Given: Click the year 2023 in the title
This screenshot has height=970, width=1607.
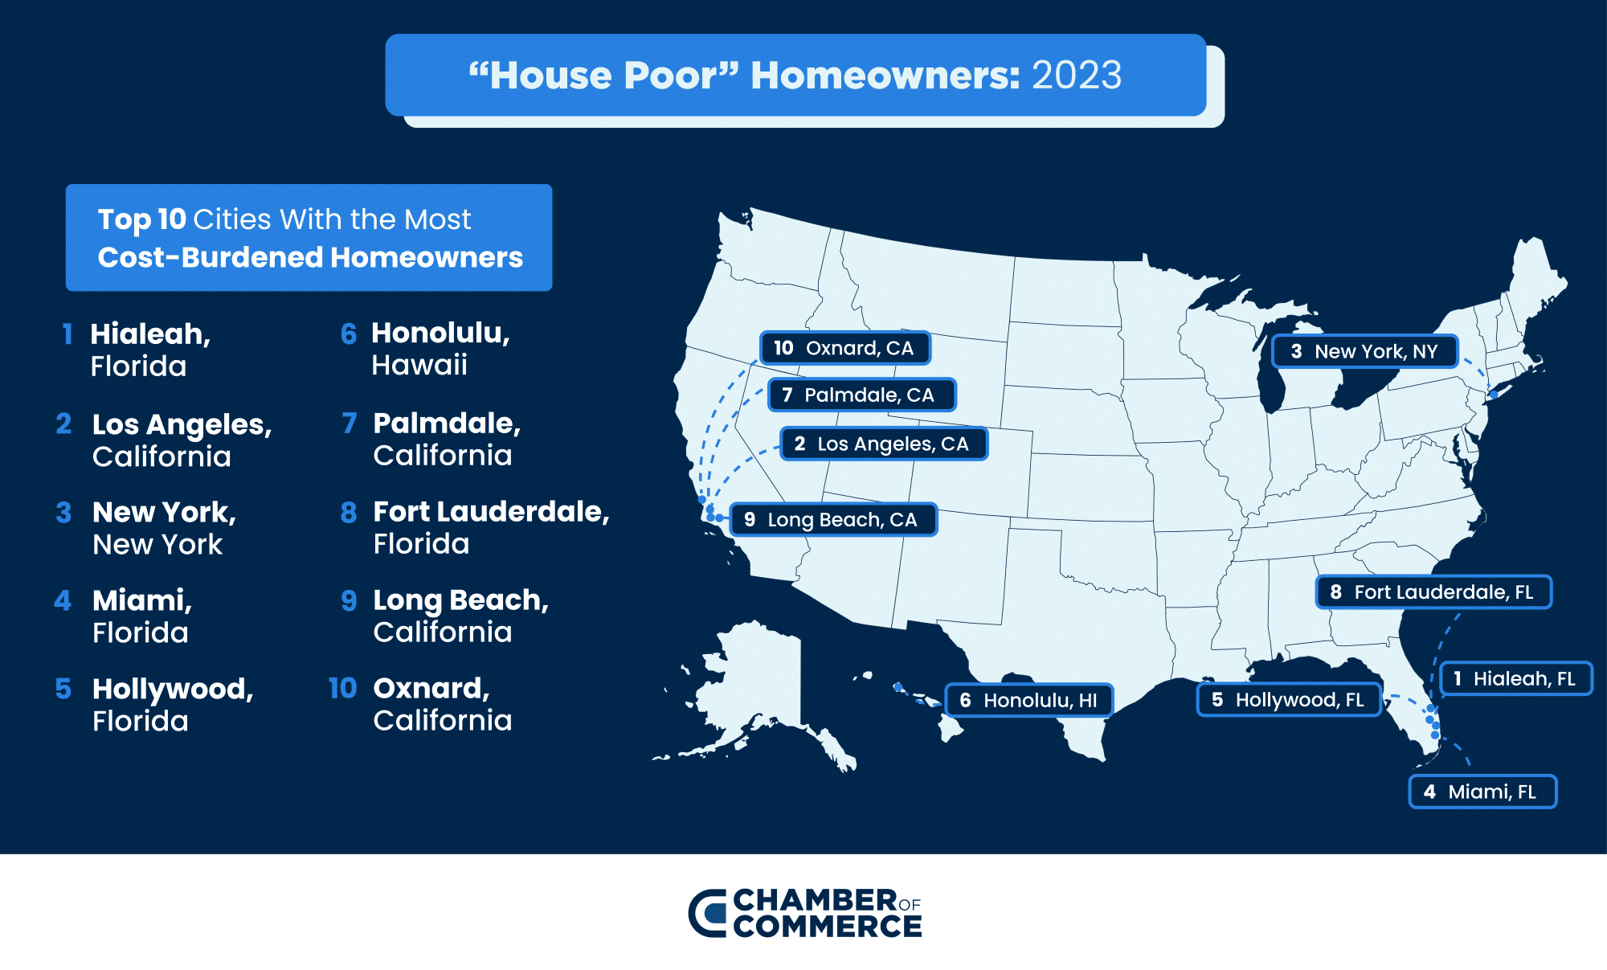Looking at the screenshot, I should pos(1076,76).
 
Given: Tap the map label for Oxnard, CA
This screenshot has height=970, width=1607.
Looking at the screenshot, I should pos(844,348).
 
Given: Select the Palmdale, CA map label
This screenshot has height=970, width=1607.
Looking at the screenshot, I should pos(861,395).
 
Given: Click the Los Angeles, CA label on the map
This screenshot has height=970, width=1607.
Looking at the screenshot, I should pos(883,444).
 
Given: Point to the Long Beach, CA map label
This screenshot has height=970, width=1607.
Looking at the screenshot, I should pos(833,519).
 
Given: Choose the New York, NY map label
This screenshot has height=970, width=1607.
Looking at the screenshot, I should pos(1364,351).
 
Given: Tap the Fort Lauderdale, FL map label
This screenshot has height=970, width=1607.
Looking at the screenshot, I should pos(1433,592).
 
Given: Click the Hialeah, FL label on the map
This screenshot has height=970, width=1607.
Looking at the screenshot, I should pos(1515,678).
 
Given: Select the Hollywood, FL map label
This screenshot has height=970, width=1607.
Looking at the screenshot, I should pos(1288,699).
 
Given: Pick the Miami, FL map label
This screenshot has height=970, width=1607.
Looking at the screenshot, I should pos(1482,792).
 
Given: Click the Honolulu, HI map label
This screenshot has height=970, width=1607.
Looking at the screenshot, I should pos(1029,700).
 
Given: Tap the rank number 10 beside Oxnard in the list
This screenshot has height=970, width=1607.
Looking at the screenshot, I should pos(342,688).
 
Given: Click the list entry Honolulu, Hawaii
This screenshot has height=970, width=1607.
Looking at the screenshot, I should pos(440,349).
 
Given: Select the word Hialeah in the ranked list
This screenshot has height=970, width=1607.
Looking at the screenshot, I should pos(150,334).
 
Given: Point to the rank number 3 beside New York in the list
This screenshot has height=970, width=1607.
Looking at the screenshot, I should pos(63,513).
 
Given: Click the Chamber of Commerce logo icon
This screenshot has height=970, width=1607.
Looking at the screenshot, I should pos(708,913).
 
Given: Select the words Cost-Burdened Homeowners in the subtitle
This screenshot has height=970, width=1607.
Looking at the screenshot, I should pos(310,257).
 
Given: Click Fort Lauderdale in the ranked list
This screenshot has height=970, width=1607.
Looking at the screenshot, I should pos(491,512).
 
